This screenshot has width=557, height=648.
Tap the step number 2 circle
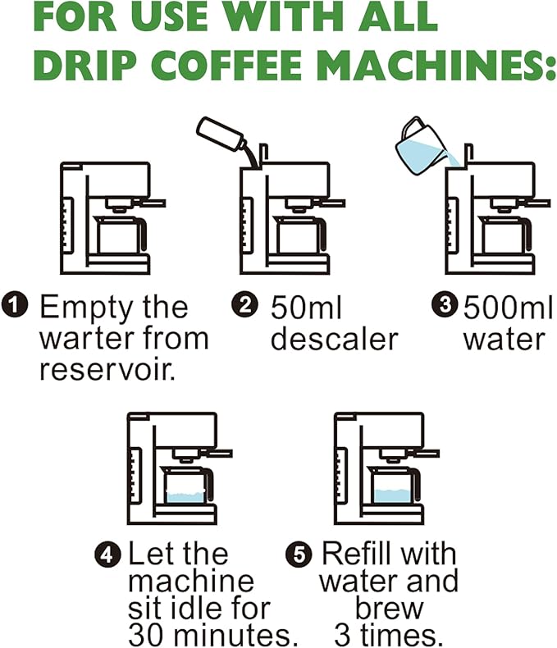tap(244, 307)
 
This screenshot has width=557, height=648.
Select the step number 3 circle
tap(444, 307)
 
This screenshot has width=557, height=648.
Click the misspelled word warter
tap(84, 338)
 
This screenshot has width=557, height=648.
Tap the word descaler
tap(334, 338)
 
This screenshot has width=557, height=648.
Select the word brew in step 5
tap(389, 609)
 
